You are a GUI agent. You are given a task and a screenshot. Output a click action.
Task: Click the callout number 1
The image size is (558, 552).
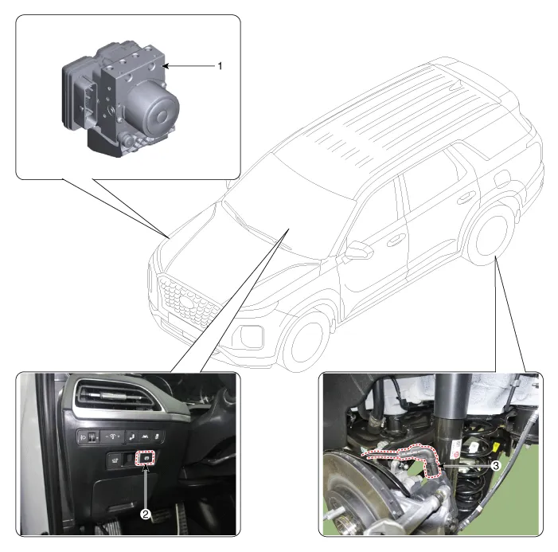tap(220, 66)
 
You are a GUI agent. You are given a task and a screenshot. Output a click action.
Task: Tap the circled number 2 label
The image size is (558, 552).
tap(145, 514)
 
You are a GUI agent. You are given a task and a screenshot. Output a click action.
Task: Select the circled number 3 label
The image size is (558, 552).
tap(494, 466)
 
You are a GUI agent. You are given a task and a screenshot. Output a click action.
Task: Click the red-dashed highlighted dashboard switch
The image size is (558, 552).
tap(146, 459)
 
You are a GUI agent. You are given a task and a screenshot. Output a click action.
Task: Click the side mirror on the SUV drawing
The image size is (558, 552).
tap(358, 251)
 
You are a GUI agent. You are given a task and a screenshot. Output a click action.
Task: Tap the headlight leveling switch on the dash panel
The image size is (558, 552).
tap(89, 437)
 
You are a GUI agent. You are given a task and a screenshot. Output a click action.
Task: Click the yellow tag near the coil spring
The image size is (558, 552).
tap(475, 447)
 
